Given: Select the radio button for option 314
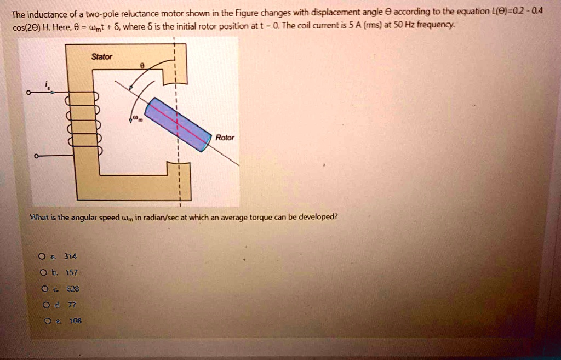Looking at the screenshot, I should click(x=42, y=256).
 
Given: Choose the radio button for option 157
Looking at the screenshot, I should click(x=42, y=272).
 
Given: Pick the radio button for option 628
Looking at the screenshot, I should click(x=42, y=289).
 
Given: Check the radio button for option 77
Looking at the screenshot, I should click(x=42, y=305).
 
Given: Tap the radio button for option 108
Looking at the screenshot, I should click(x=42, y=321).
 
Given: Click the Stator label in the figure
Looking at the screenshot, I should click(x=102, y=56).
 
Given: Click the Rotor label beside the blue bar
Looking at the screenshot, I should click(x=225, y=138).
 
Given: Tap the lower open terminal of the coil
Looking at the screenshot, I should click(x=36, y=156).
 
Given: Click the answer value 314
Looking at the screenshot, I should click(x=70, y=256).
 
